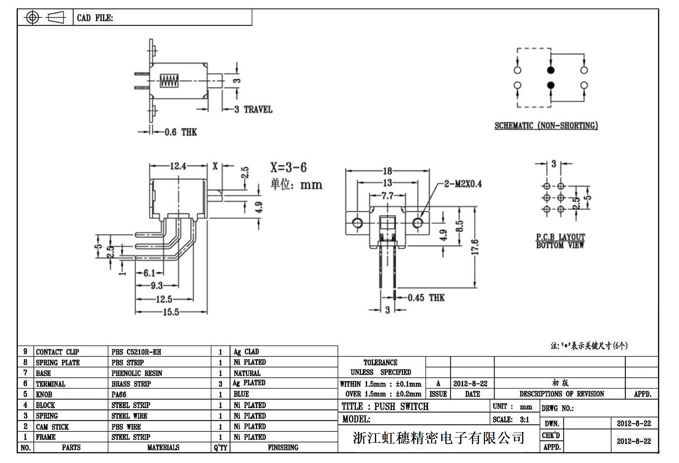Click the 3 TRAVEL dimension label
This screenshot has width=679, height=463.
(253, 109)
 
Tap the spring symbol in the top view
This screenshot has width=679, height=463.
(169, 81)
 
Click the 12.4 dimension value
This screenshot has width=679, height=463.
(178, 166)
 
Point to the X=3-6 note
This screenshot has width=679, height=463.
(288, 167)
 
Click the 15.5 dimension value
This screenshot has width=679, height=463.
(171, 312)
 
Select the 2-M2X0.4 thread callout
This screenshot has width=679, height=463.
(463, 184)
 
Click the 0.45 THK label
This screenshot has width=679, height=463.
(426, 298)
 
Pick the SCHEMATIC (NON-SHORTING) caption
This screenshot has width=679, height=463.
(546, 125)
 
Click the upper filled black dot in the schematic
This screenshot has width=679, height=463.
(551, 70)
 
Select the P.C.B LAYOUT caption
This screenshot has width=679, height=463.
(560, 237)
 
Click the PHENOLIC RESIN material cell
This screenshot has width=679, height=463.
(137, 373)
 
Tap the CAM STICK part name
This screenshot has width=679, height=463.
(52, 427)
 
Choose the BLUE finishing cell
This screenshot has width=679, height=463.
(241, 394)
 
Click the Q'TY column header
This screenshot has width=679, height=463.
(220, 448)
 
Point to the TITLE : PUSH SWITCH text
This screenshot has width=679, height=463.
(385, 407)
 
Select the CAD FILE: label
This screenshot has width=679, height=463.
(95, 18)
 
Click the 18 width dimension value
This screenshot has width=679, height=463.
(387, 171)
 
